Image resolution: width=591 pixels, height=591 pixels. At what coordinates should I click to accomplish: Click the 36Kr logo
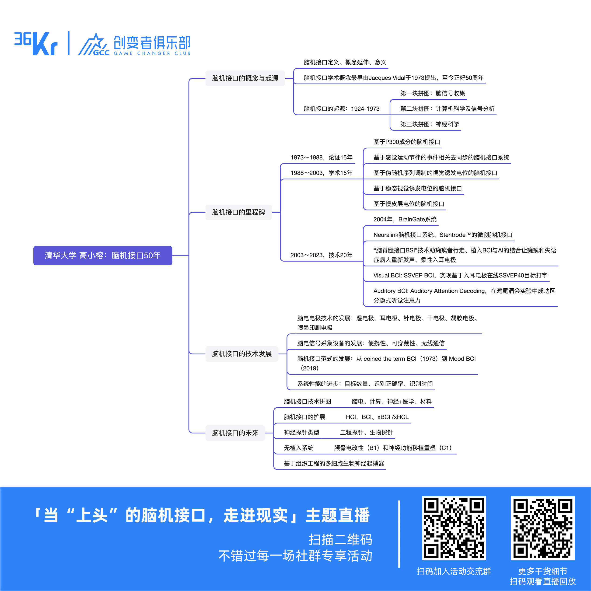(36, 43)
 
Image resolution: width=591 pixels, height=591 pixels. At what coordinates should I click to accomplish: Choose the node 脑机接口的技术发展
(242, 354)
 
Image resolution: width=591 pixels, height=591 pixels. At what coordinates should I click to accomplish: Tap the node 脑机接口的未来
(235, 433)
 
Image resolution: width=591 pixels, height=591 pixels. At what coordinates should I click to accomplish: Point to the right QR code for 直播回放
(542, 528)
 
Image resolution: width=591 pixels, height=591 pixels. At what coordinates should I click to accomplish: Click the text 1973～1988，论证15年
(321, 157)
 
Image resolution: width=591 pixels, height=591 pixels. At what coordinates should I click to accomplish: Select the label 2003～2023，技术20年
(321, 255)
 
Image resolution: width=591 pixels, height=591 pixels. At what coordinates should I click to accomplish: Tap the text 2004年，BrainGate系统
(405, 219)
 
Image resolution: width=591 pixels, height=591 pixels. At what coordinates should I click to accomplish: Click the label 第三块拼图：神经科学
(430, 124)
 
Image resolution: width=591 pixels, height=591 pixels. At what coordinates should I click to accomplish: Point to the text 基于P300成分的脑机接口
(406, 142)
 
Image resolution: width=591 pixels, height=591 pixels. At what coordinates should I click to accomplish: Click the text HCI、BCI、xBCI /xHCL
(377, 417)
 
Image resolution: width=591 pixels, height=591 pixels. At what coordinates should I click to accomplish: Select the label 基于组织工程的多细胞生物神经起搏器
(334, 463)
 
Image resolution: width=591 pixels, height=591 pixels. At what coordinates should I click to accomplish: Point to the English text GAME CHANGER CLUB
(152, 53)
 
